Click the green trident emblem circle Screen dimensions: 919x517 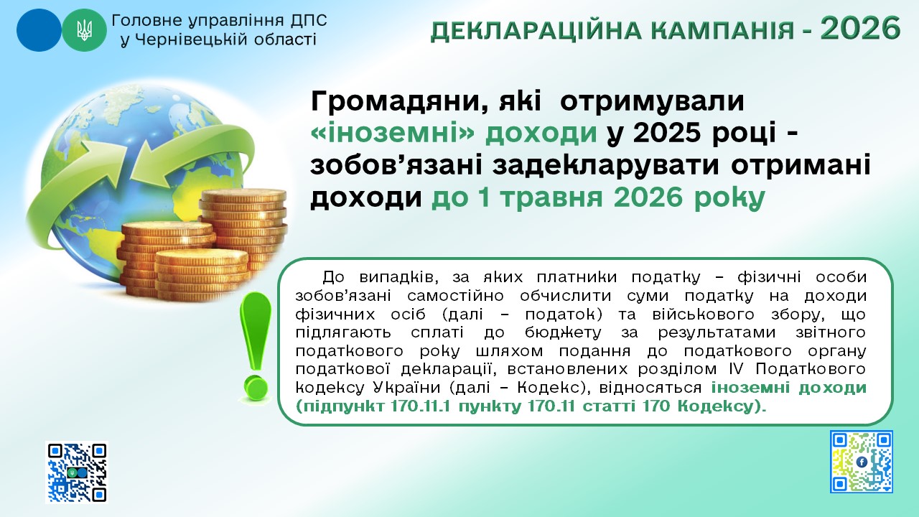(84, 30)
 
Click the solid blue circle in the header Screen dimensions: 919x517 (39, 30)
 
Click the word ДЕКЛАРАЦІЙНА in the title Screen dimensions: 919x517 (530, 31)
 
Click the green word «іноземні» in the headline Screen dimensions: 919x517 (393, 133)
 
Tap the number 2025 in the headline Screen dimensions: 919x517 (668, 133)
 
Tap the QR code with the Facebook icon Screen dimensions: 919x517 (861, 462)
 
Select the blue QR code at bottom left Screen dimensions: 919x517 (77, 472)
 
